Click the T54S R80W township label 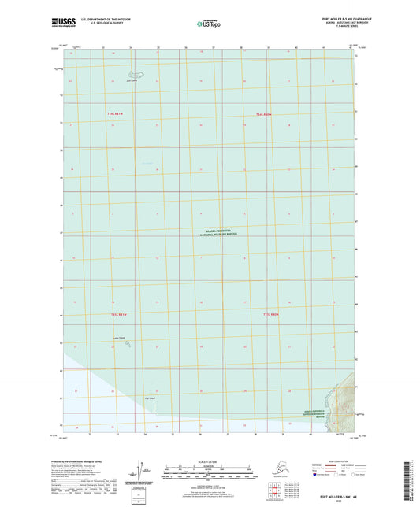(262, 116)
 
